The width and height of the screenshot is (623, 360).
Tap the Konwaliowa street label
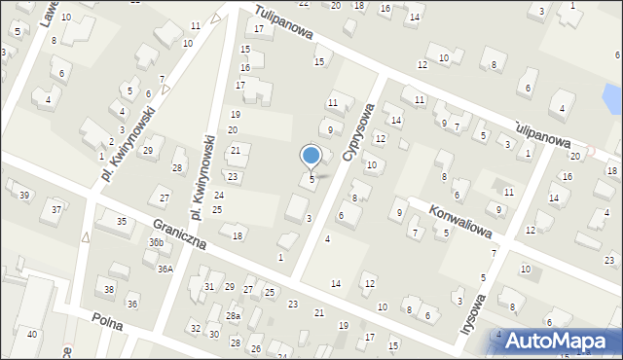[x=462, y=220]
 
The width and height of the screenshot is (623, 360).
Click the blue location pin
[x=311, y=157]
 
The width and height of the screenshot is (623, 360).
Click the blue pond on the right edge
[x=611, y=96]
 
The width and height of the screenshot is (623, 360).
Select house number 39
[x=24, y=196]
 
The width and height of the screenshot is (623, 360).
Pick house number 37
[x=56, y=209]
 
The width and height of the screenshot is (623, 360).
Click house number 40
[x=32, y=334]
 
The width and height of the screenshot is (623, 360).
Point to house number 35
[x=122, y=222]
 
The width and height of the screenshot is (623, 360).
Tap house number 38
[x=110, y=290]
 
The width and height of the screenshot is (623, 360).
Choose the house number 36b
[x=155, y=242]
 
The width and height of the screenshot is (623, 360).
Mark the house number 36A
[x=165, y=269]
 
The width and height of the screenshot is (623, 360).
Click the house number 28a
[x=234, y=316]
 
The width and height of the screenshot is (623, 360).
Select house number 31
[x=208, y=286]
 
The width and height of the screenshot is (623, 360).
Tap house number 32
[x=196, y=328]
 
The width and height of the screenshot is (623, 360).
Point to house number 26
[x=256, y=348]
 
